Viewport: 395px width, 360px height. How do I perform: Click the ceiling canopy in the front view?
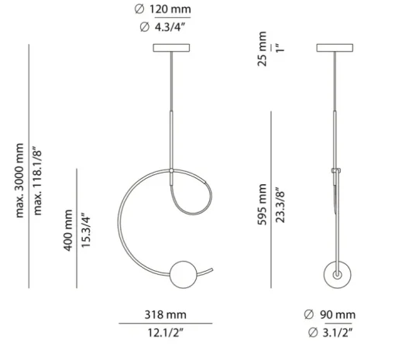pos(170,48)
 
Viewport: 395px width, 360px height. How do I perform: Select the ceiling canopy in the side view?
pos(335,48)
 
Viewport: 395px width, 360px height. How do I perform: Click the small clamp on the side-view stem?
pos(336,170)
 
